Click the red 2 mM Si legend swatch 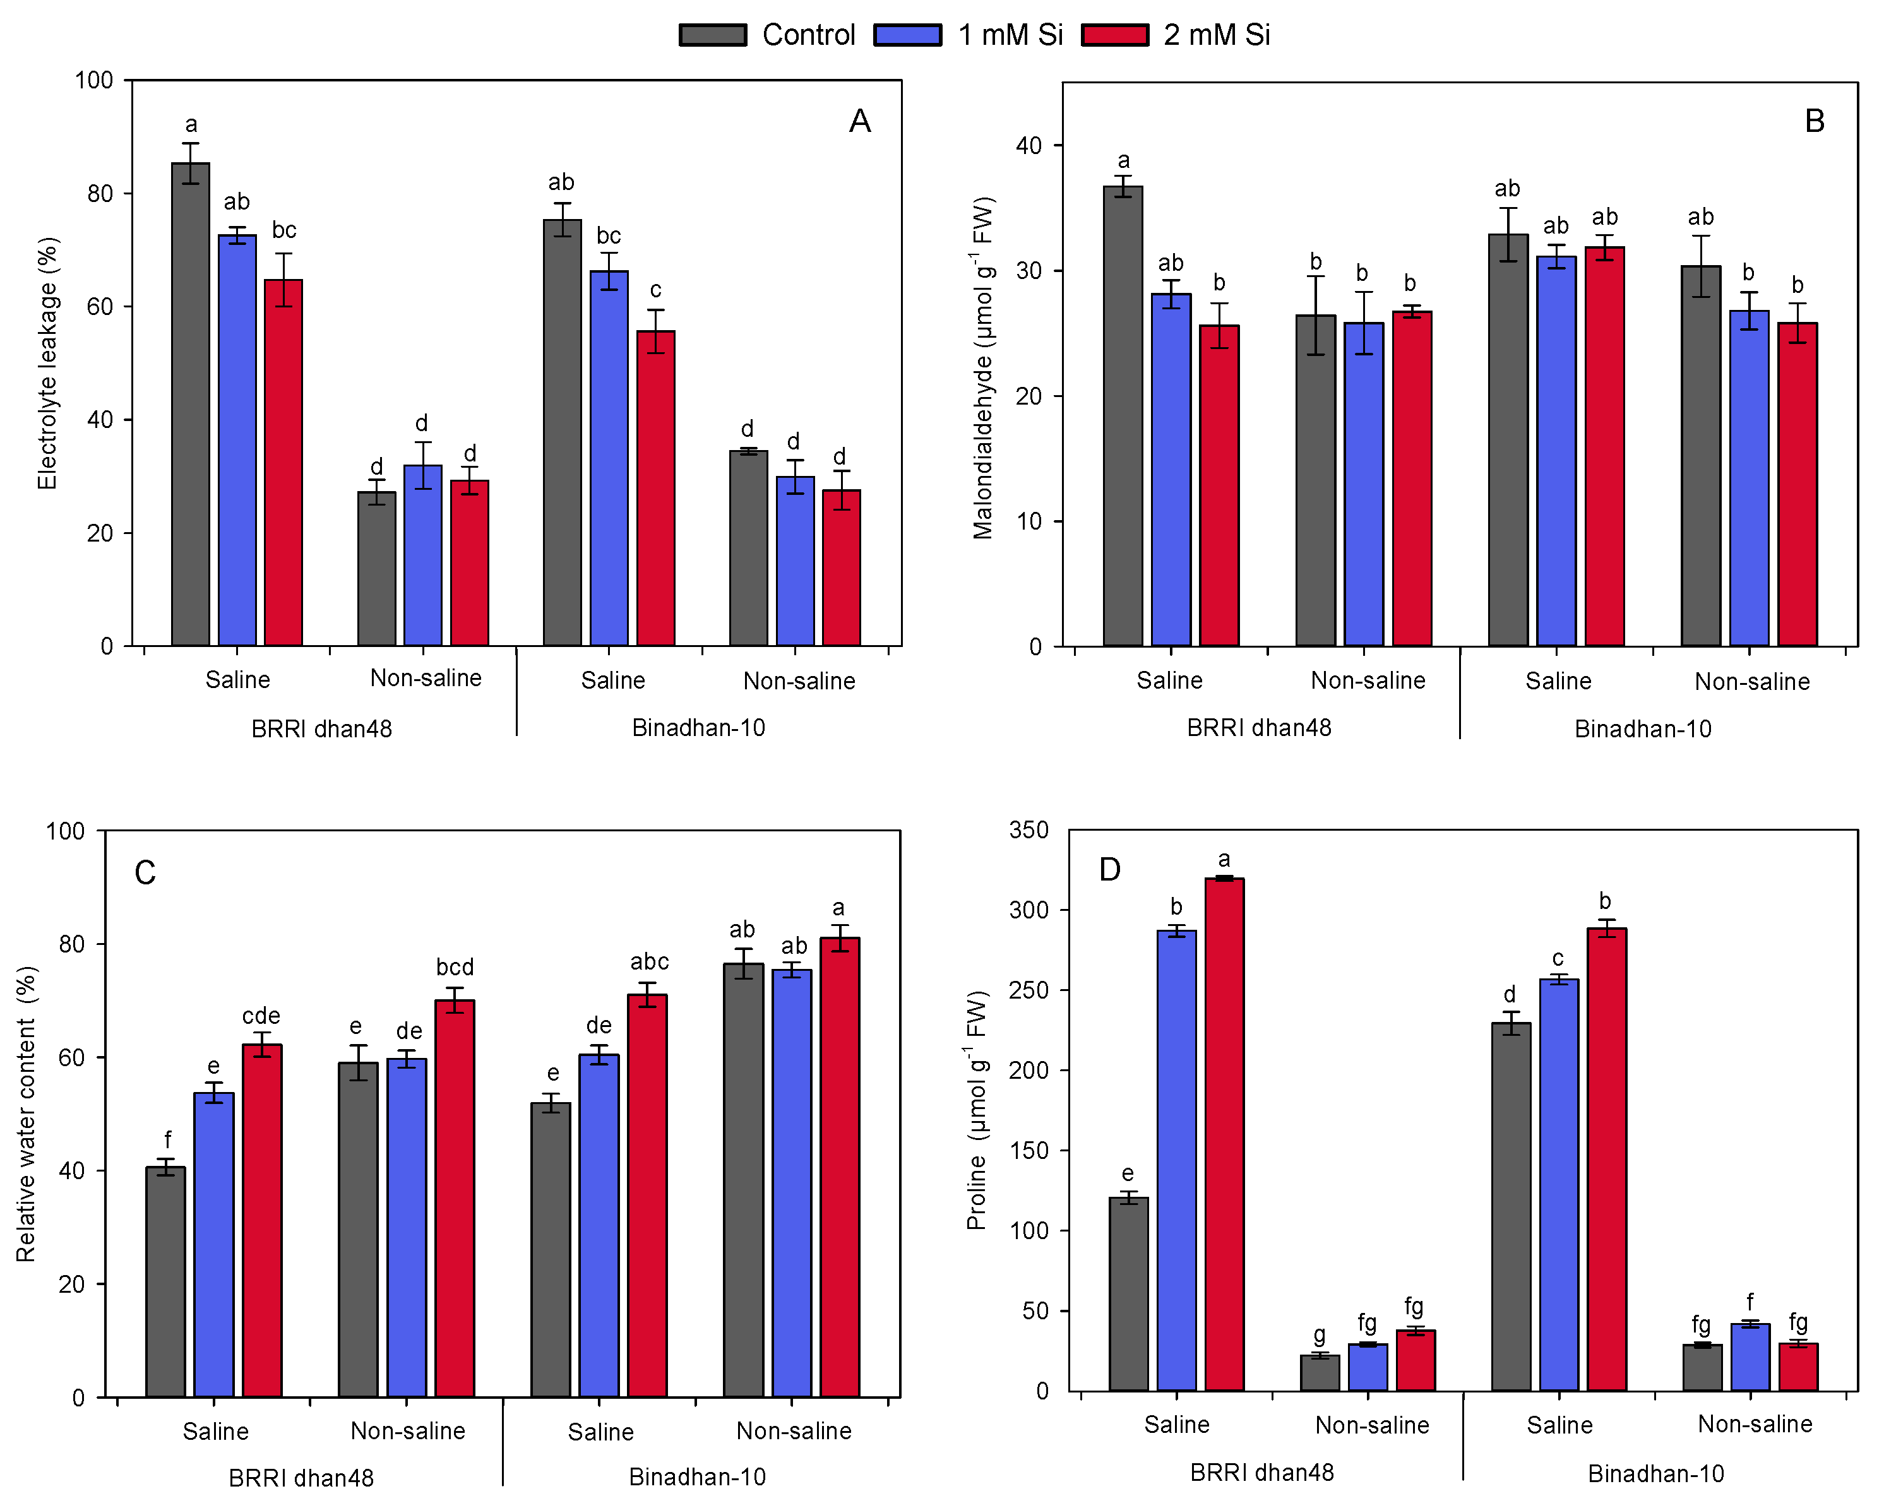(x=1114, y=35)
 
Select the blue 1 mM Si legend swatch (x=908, y=35)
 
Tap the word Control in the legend (x=808, y=35)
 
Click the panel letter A (x=860, y=121)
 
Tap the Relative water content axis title (x=27, y=1114)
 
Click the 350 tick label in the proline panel (x=1028, y=829)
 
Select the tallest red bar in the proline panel (x=1224, y=1134)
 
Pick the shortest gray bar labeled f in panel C (x=165, y=1282)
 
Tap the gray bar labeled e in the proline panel (x=1128, y=1294)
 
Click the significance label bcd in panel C (x=455, y=967)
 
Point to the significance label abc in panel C (x=649, y=962)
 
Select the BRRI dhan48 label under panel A (x=321, y=728)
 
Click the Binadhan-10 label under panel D (x=1656, y=1474)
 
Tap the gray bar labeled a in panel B (x=1123, y=416)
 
